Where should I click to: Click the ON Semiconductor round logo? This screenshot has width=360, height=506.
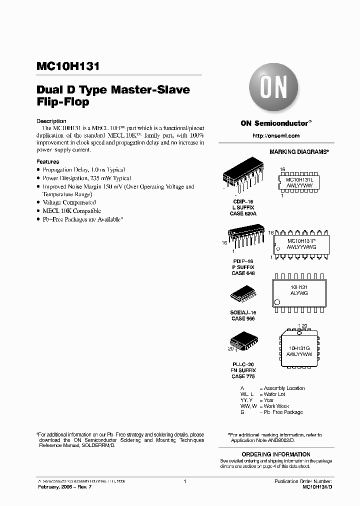[273, 90]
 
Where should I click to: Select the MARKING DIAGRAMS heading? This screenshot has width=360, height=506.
[299, 151]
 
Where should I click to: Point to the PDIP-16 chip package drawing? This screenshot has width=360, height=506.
[245, 241]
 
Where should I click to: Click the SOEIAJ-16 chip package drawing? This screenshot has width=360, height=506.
[244, 295]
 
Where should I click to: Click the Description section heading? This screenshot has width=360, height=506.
[51, 121]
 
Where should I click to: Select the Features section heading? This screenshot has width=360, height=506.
[48, 162]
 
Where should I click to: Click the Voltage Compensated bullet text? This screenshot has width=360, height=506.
[69, 202]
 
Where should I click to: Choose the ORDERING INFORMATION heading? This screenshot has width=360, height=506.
[276, 453]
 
